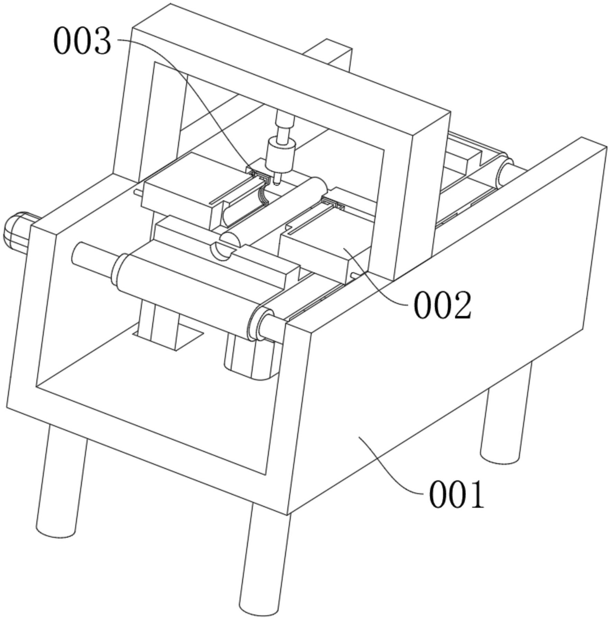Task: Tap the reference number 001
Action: click(456, 495)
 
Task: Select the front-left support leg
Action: click(61, 480)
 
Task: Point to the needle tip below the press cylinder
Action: click(277, 180)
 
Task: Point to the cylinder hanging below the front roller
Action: click(249, 359)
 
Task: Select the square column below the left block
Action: click(164, 321)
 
